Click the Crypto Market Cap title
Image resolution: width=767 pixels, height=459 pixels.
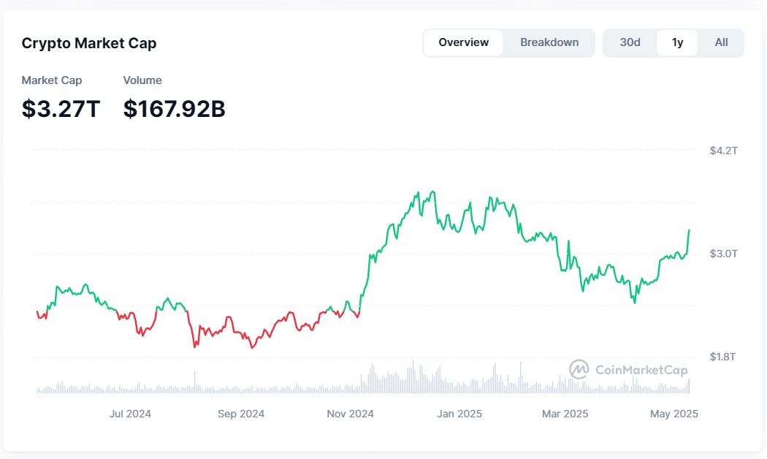89,43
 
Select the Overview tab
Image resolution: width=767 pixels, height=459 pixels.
463,42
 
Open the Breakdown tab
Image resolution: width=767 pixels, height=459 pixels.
549,42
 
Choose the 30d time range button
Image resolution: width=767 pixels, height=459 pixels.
630,42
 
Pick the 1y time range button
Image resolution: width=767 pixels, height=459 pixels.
677,42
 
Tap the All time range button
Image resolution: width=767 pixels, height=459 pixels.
721,42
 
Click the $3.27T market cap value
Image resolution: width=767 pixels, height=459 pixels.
61,109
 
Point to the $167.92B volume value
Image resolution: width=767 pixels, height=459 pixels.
174,109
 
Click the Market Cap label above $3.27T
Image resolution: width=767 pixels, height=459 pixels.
52,80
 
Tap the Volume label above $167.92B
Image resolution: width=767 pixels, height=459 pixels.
142,80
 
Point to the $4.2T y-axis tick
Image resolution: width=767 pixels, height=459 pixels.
723,151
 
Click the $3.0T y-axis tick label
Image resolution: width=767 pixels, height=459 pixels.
723,254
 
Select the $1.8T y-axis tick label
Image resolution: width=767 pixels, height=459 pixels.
723,357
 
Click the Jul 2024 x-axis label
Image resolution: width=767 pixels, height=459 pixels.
130,414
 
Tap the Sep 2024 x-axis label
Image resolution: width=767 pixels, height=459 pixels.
241,414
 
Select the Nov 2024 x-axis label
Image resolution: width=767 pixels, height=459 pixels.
350,414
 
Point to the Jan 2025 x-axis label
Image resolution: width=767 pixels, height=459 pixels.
459,414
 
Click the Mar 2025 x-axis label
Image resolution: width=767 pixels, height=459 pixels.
565,414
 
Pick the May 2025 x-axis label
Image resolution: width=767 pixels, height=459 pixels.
673,414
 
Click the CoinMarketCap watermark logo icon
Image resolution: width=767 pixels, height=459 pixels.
579,369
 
